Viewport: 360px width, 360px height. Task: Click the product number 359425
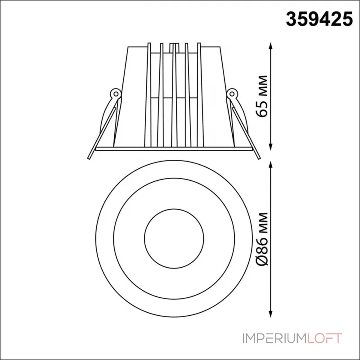tap(319, 19)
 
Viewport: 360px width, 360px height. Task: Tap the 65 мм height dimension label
tap(262, 96)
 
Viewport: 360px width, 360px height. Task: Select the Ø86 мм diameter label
tap(262, 239)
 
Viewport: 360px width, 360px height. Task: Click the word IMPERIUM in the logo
tap(274, 338)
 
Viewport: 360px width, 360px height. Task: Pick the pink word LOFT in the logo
tap(324, 338)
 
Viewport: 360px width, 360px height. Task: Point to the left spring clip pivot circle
tap(116, 94)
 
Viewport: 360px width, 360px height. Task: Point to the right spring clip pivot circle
tap(232, 94)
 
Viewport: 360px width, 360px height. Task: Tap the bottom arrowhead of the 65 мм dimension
tap(271, 147)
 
